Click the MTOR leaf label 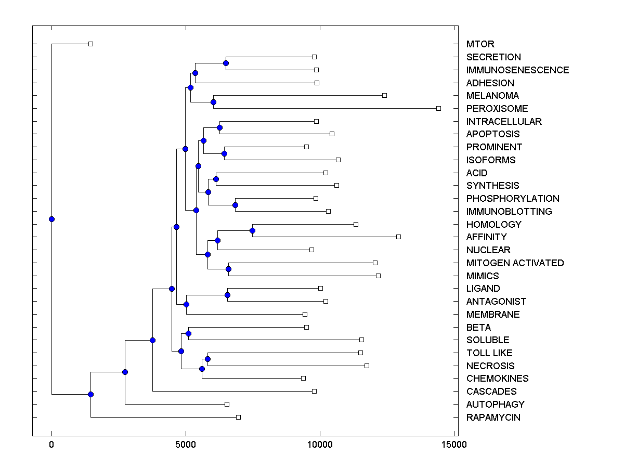[x=480, y=44]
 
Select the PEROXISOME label [x=497, y=109]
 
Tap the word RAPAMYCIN [x=493, y=418]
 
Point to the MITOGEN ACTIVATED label [x=515, y=263]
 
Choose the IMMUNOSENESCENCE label [x=517, y=70]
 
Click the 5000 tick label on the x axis [x=185, y=445]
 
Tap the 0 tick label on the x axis [x=51, y=445]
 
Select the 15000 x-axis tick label [x=453, y=445]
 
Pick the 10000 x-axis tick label [x=319, y=445]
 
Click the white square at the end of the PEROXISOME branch [x=438, y=108]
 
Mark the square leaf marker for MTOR [x=90, y=44]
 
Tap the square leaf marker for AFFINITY [x=398, y=237]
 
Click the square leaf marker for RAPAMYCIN [x=238, y=417]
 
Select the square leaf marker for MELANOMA [x=384, y=95]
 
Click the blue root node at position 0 [x=51, y=219]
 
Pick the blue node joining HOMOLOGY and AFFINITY [x=252, y=230]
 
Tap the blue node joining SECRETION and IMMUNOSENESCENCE [x=226, y=63]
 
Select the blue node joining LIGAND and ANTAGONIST [x=227, y=295]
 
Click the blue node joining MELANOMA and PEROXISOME [x=213, y=102]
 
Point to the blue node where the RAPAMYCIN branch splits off [x=90, y=394]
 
